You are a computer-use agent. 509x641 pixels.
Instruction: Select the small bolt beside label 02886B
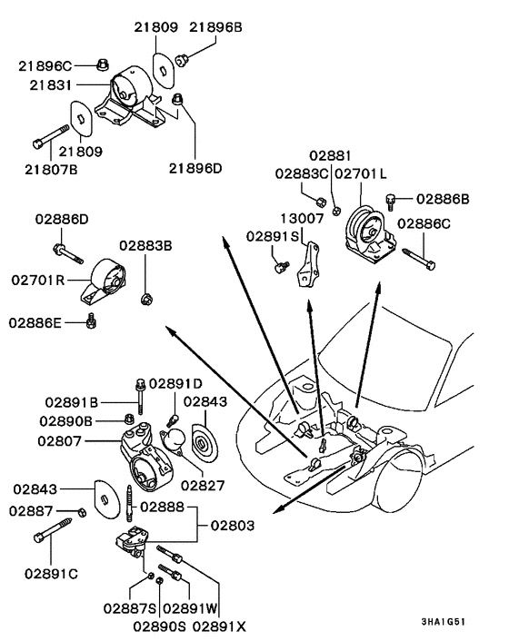[x=393, y=199]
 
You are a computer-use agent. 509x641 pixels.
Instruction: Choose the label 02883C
[x=299, y=173]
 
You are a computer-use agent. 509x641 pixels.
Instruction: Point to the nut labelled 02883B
[x=145, y=297]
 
